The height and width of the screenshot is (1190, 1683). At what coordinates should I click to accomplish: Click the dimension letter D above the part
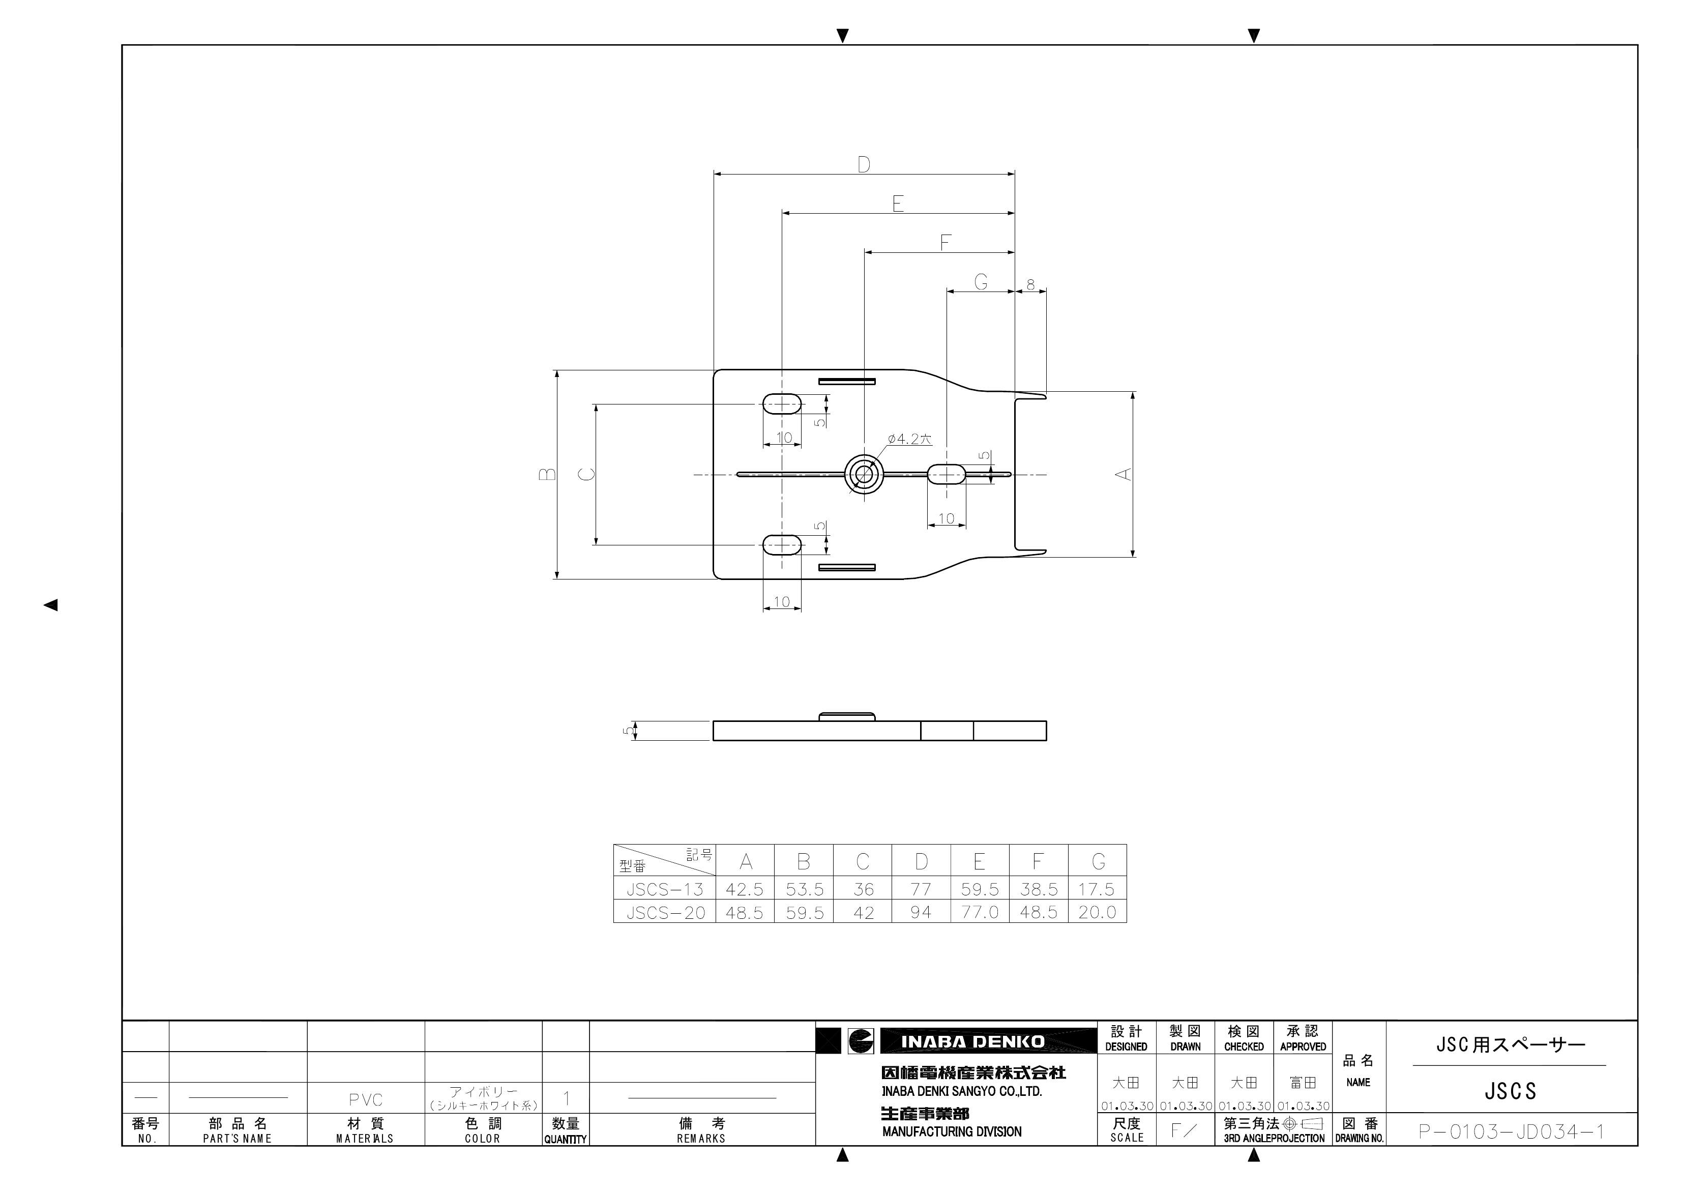pos(864,164)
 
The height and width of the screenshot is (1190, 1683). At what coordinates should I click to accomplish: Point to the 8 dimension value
pos(1030,284)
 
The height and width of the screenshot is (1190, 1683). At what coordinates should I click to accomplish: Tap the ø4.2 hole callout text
pos(909,439)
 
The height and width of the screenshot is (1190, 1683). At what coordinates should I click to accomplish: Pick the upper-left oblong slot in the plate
pos(782,404)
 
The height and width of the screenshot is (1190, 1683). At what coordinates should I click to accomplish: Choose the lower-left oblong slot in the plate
pos(782,545)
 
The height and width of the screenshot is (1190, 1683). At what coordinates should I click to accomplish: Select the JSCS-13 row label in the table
pos(664,889)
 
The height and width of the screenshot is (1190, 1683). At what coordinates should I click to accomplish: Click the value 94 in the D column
pos(921,912)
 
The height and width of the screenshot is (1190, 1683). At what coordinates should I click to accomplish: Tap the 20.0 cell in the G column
pos(1097,912)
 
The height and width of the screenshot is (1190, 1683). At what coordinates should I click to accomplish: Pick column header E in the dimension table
pos(979,861)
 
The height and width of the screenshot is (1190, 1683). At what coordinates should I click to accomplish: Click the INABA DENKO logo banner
pos(972,1041)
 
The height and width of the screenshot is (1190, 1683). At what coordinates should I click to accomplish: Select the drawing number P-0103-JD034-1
pos(1512,1131)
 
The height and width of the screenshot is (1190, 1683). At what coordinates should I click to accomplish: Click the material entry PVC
pos(365,1100)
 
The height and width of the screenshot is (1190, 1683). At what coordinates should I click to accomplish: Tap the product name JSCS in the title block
pos(1511,1092)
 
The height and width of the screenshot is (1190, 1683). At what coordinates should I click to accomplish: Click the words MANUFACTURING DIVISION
pos(952,1132)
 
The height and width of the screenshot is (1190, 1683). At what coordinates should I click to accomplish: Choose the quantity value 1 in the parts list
pos(566,1098)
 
